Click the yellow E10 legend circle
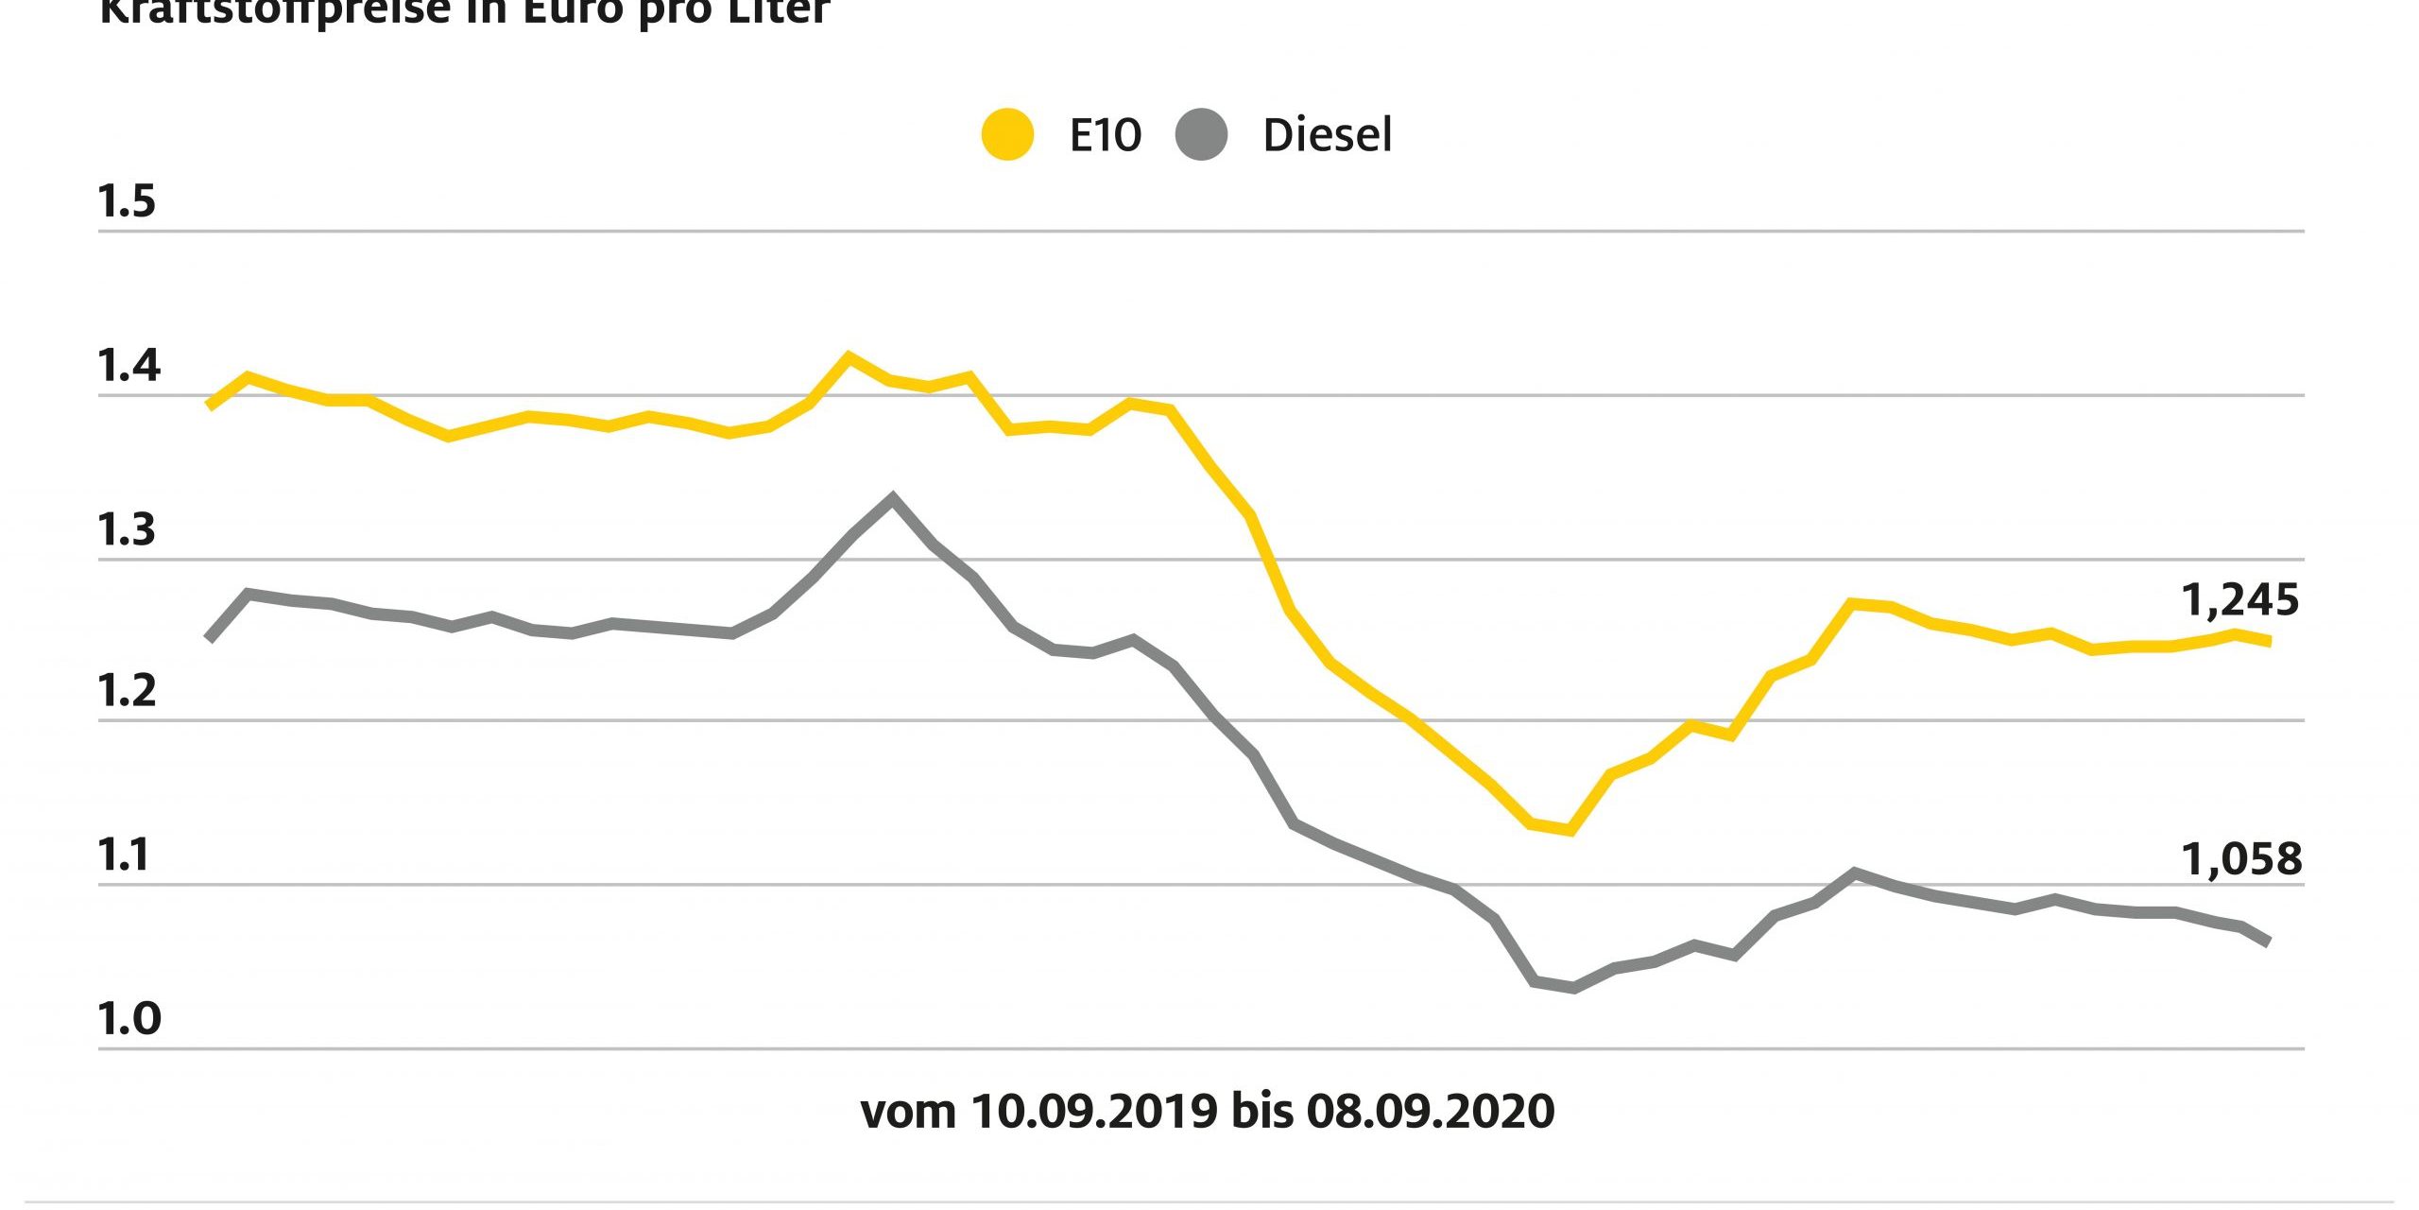tap(1007, 135)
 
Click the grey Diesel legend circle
tap(1201, 135)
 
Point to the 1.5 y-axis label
tap(127, 202)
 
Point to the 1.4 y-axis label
tap(129, 366)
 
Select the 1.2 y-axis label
tap(127, 692)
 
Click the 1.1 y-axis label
tap(125, 856)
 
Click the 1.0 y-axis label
tap(129, 1019)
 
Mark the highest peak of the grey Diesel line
tap(892, 497)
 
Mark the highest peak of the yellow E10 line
tap(849, 357)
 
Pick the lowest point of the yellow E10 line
tap(1570, 831)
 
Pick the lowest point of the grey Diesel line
tap(1573, 988)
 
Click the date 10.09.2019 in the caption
tap(1093, 1112)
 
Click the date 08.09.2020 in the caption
tap(1430, 1112)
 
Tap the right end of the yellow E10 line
tap(2269, 642)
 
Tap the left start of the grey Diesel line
tap(209, 639)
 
